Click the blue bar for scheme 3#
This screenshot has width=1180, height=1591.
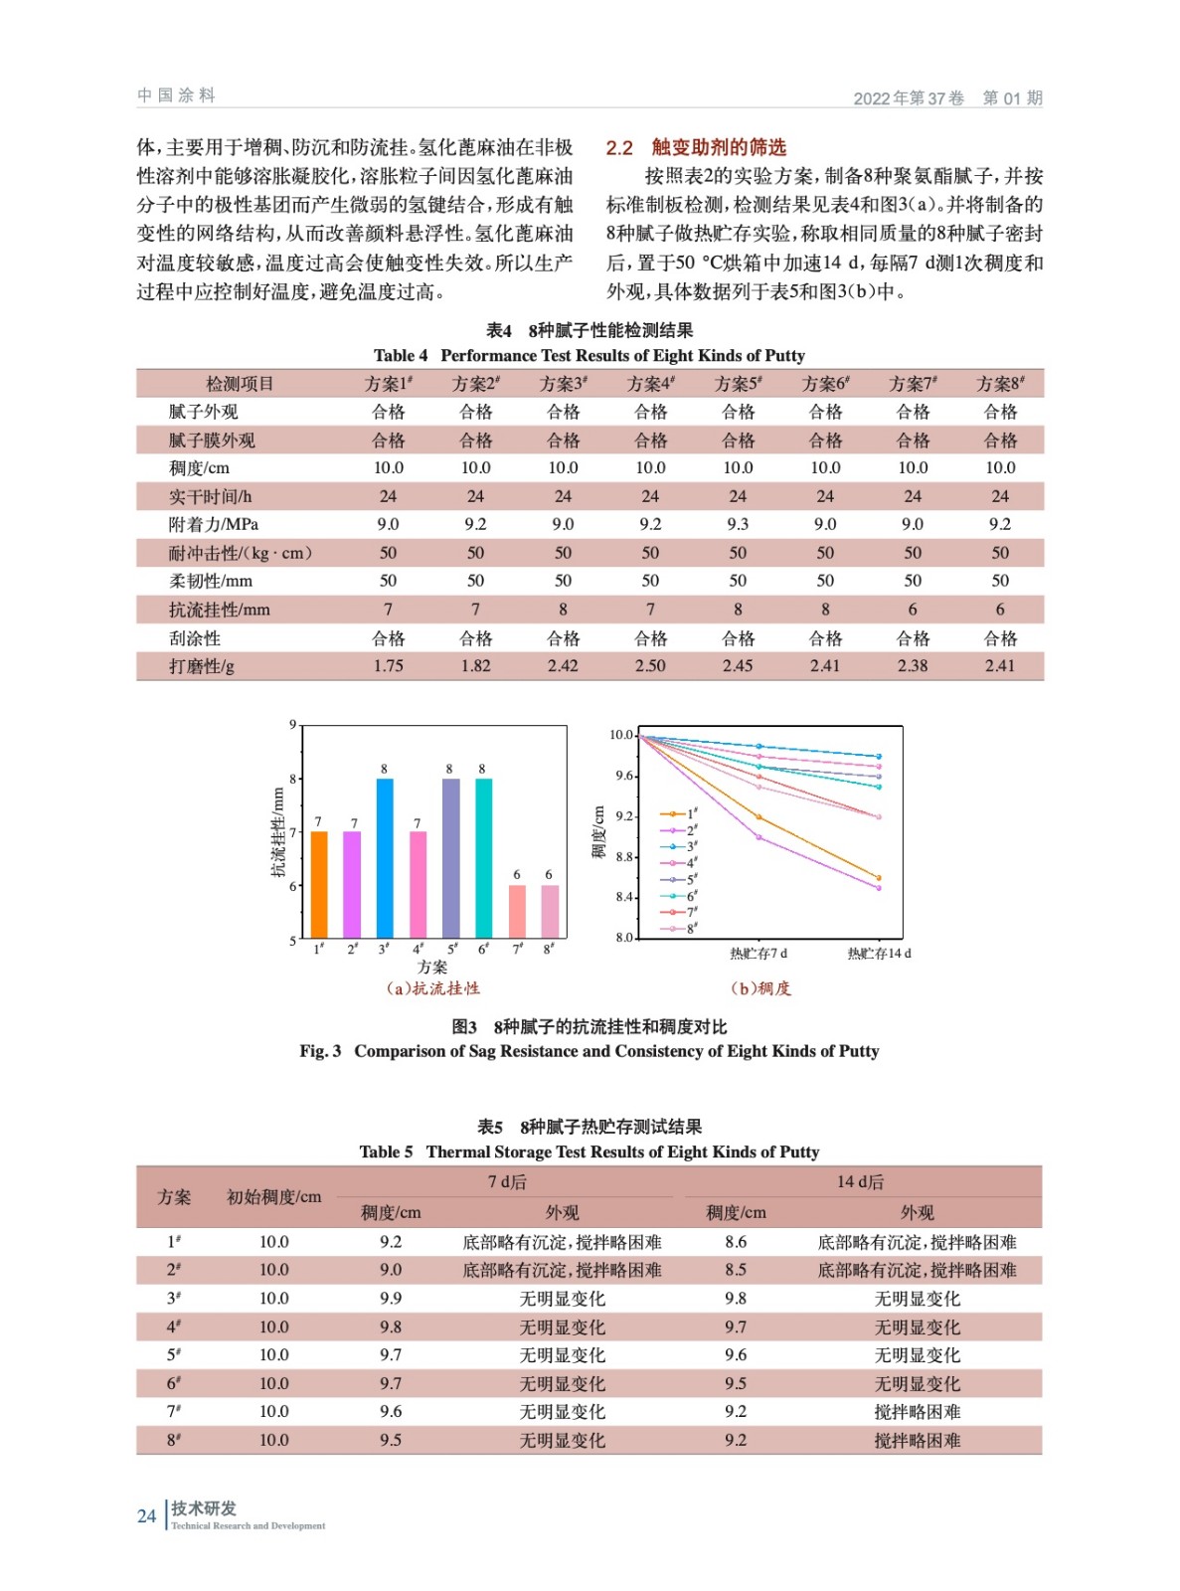[x=385, y=857]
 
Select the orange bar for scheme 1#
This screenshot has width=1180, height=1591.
[x=319, y=884]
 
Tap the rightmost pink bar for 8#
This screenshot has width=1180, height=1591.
[x=549, y=911]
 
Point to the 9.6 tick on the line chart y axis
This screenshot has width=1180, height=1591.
[x=621, y=776]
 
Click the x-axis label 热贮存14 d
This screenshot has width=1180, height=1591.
[x=879, y=954]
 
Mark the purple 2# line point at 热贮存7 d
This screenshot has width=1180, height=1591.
[x=759, y=837]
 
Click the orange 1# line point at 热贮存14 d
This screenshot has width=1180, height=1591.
[x=879, y=878]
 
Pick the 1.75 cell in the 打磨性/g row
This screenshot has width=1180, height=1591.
[x=389, y=666]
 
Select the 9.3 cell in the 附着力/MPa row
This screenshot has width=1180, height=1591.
[x=738, y=524]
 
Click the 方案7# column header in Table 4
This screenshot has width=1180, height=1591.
[x=913, y=384]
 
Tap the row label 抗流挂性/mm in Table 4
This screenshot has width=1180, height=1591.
[x=219, y=610]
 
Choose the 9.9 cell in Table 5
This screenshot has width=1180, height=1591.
[x=391, y=1298]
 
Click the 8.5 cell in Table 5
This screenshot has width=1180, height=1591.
[x=736, y=1270]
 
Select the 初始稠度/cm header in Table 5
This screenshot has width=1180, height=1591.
[x=274, y=1197]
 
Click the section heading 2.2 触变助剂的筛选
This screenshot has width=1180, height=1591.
[x=696, y=147]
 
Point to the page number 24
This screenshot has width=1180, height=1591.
[x=147, y=1515]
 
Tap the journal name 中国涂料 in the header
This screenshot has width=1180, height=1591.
[x=176, y=95]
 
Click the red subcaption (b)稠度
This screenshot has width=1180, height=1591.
[x=761, y=988]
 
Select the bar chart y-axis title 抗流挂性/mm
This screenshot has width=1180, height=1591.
[x=278, y=833]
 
